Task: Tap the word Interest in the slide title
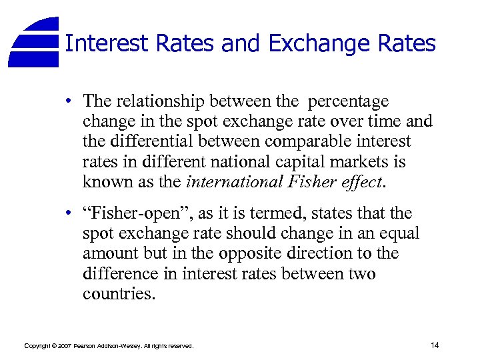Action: tap(107, 44)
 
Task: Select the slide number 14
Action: tap(435, 345)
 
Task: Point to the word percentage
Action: tap(347, 102)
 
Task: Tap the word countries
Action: tap(119, 294)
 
